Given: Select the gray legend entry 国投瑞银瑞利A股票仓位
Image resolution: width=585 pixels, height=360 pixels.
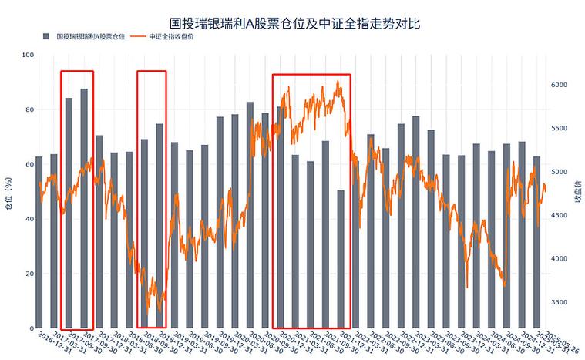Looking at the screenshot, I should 85,37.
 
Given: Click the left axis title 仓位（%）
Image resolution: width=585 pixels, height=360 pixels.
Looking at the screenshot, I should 8,193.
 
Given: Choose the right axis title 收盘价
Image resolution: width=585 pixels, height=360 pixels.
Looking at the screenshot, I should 577,193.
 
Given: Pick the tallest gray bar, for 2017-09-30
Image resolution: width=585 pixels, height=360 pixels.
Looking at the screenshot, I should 84,208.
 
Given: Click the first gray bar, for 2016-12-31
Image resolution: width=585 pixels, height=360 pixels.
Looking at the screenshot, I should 39,242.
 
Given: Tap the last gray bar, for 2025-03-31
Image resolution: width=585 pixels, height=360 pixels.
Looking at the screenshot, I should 536,242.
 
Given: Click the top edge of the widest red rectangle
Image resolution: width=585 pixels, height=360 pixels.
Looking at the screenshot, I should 311,75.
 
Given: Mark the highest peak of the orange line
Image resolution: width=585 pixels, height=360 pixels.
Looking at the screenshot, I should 338,81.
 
